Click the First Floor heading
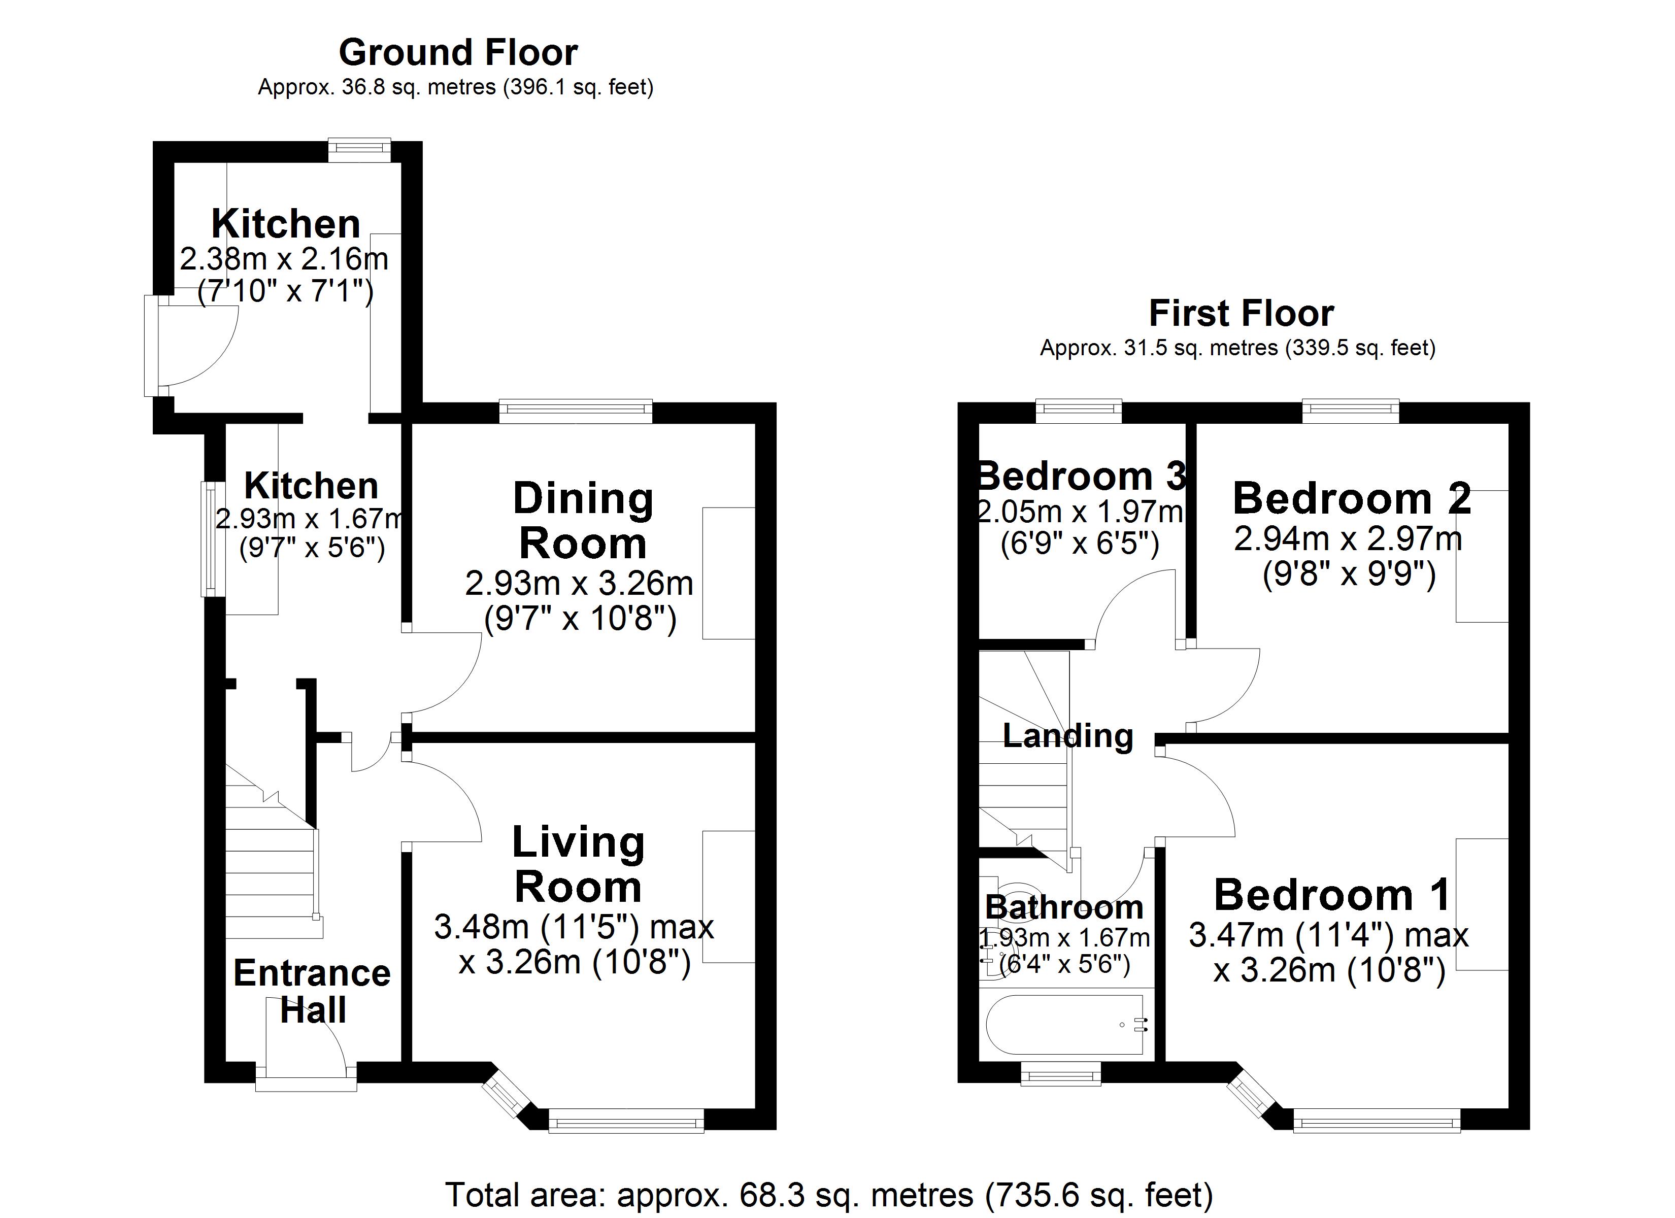point(1241,313)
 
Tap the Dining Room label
point(583,521)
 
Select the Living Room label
point(578,864)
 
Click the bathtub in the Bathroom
point(1065,1025)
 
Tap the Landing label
point(1067,736)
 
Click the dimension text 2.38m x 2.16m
point(284,259)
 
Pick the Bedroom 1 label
point(1331,895)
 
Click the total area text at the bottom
point(829,1194)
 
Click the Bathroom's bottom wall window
point(1060,1074)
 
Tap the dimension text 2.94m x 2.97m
point(1348,539)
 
